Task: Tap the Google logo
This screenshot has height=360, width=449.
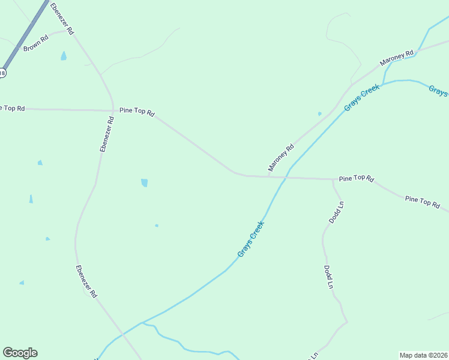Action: (20, 353)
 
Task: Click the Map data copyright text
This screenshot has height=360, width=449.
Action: (423, 355)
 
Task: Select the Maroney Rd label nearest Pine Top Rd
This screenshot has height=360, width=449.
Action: (281, 157)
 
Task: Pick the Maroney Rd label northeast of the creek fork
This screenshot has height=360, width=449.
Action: (397, 58)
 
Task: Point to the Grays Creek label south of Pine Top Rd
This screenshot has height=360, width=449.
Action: (251, 239)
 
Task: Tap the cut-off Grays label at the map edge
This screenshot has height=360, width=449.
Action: (438, 91)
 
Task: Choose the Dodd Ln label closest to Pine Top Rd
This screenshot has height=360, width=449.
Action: (337, 212)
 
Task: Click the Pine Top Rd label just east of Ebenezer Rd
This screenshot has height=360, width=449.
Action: (137, 112)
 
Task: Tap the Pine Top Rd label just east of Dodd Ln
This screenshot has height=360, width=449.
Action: (357, 179)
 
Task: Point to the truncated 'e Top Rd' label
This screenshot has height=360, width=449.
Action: (12, 108)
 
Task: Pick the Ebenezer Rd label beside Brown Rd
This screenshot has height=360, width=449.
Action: (62, 18)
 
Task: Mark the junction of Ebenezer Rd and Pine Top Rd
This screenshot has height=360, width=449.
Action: (113, 110)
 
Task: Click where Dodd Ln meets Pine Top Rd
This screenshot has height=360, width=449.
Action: (333, 179)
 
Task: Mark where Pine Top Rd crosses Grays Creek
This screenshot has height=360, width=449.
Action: (284, 178)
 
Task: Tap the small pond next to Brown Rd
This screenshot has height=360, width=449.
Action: (64, 56)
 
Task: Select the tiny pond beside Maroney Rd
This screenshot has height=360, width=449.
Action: (319, 113)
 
